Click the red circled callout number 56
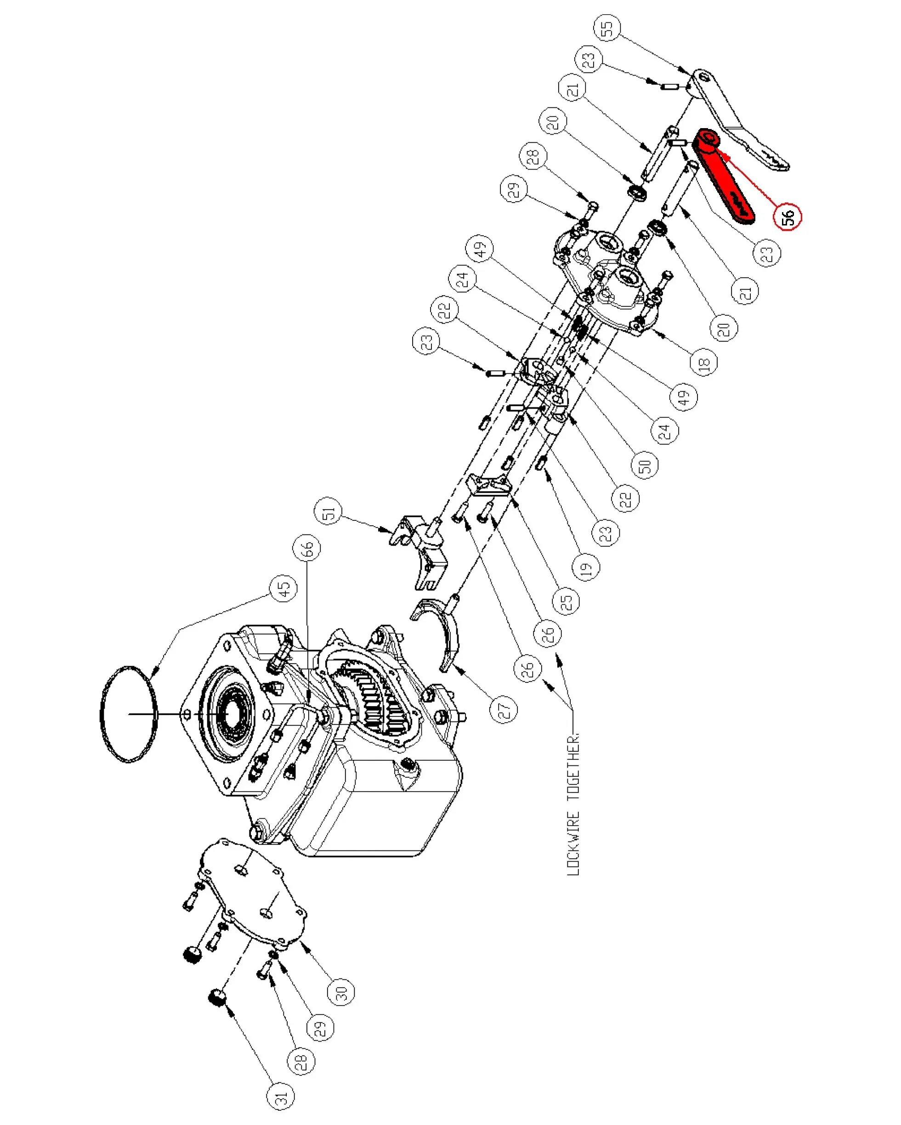point(787,216)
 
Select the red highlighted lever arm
point(724,175)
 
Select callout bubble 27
point(504,709)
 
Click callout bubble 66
point(306,548)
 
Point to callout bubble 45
point(283,589)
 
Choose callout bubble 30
point(341,992)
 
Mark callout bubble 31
point(280,1097)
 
